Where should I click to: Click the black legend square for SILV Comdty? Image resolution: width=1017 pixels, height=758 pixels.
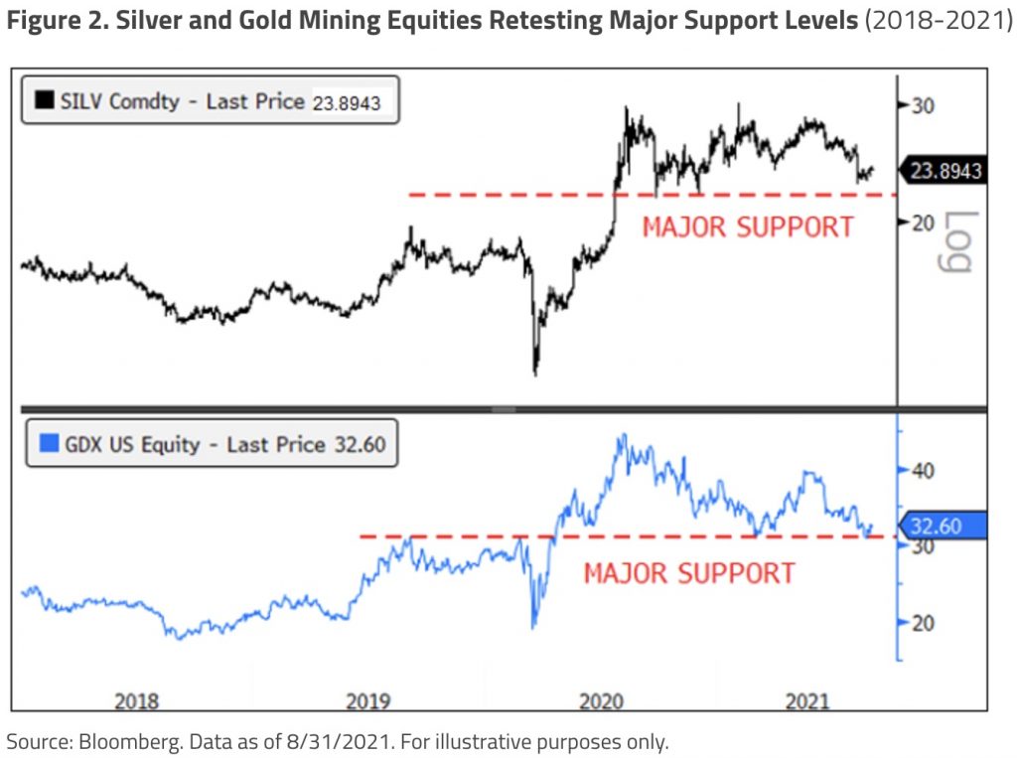tap(44, 100)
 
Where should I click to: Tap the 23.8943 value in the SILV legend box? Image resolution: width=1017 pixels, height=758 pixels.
tap(347, 101)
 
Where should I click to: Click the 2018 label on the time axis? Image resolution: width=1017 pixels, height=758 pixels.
tap(136, 701)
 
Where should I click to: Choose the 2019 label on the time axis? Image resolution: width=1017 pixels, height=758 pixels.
tap(368, 701)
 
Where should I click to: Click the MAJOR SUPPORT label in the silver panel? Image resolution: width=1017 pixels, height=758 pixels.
tap(748, 227)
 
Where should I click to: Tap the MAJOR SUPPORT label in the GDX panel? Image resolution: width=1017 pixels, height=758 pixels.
tap(689, 573)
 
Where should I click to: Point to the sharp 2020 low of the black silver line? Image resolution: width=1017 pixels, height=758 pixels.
tap(535, 374)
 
